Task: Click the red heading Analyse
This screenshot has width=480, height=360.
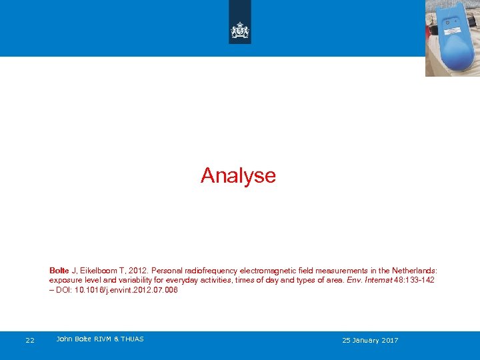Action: pos(238,175)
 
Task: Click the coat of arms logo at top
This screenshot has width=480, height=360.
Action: pos(239,30)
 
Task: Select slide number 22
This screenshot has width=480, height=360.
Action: pos(30,341)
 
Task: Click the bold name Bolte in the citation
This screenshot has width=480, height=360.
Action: pos(59,271)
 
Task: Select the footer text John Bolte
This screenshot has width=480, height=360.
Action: pos(73,339)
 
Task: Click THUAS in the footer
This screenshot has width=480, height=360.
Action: pos(131,339)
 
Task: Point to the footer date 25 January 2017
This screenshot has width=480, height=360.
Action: pos(370,341)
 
